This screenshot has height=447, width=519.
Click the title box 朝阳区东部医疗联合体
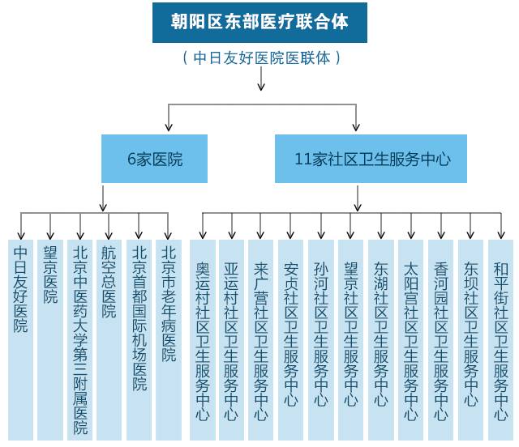pos(259,22)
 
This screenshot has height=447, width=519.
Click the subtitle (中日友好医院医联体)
pos(259,58)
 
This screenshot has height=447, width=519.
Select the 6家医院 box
pos(154,159)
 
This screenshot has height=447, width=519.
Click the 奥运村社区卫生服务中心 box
pos(203,340)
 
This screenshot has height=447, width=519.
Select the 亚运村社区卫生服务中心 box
pos(232,340)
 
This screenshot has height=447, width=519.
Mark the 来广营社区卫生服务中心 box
pos(261,340)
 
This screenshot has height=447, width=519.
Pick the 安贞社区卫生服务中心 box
pos(291,340)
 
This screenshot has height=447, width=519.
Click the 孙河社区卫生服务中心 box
pos(321,340)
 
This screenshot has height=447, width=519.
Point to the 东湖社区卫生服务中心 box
pos(381,340)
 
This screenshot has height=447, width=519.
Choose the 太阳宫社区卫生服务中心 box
pos(411,340)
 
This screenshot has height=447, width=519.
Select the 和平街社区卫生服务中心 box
pos(500,340)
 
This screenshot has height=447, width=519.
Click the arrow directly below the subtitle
pos(260,80)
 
